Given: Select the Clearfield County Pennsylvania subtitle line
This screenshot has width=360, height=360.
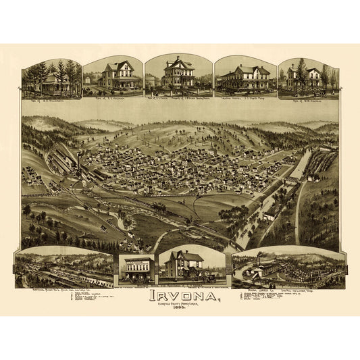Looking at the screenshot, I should click(180, 305).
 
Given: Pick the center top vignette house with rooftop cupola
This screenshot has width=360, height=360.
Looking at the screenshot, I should click(178, 73).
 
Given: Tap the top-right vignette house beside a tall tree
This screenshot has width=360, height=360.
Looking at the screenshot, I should click(307, 77).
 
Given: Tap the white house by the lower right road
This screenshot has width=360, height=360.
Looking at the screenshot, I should click(269, 215).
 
